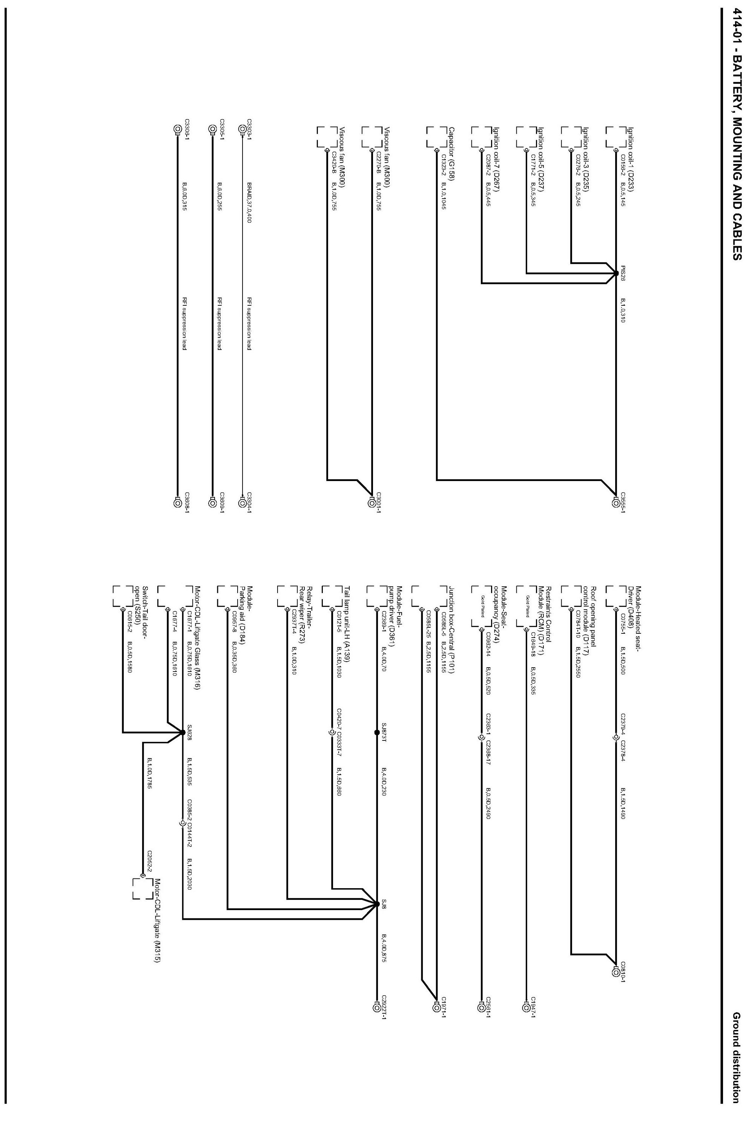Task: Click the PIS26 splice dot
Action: pyautogui.click(x=617, y=273)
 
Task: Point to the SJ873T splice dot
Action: pyautogui.click(x=377, y=733)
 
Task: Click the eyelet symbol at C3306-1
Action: pyautogui.click(x=177, y=129)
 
